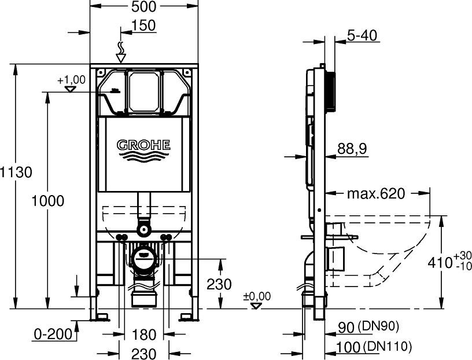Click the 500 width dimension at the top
(144, 6)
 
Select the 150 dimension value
(143, 25)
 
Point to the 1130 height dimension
(16, 172)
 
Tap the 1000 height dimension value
(48, 201)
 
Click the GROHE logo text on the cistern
(143, 145)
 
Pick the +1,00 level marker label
(71, 80)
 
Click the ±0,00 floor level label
(257, 296)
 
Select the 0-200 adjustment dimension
(53, 335)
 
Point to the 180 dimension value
(144, 335)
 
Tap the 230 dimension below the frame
(144, 354)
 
